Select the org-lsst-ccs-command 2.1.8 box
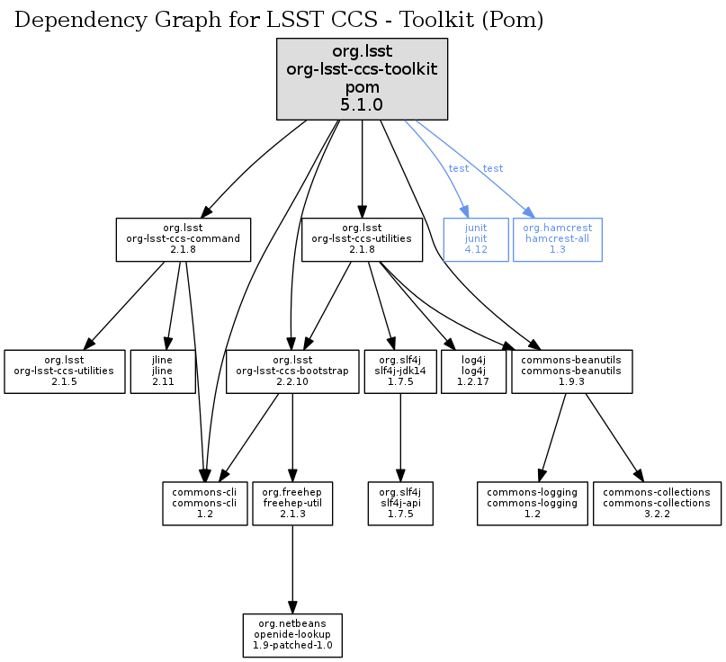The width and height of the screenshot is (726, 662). tap(183, 239)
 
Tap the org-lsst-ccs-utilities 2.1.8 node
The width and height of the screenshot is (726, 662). tap(362, 239)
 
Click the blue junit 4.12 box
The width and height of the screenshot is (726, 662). tap(476, 239)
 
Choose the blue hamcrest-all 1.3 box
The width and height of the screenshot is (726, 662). tap(557, 239)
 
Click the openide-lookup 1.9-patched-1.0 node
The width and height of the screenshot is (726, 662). tap(292, 635)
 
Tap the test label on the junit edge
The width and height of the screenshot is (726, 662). tap(459, 168)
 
